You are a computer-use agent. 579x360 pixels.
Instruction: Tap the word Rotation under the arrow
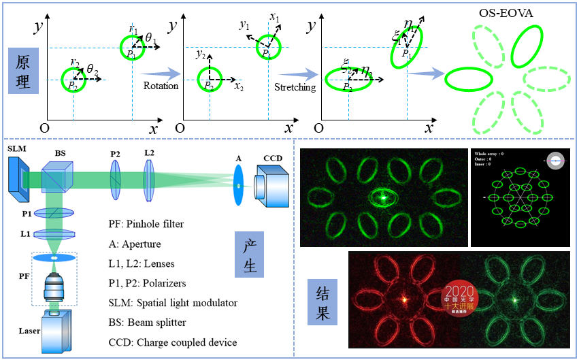(x=161, y=86)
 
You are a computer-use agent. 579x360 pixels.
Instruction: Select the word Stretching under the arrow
(x=295, y=88)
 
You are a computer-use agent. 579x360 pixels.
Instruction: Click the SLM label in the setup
(x=16, y=148)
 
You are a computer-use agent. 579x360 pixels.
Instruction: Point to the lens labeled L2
(x=149, y=181)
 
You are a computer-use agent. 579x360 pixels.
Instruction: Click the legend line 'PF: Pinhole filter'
(x=146, y=224)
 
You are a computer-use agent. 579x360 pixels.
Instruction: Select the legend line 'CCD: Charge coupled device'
(x=173, y=342)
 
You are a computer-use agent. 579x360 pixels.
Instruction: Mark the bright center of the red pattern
(x=404, y=299)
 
